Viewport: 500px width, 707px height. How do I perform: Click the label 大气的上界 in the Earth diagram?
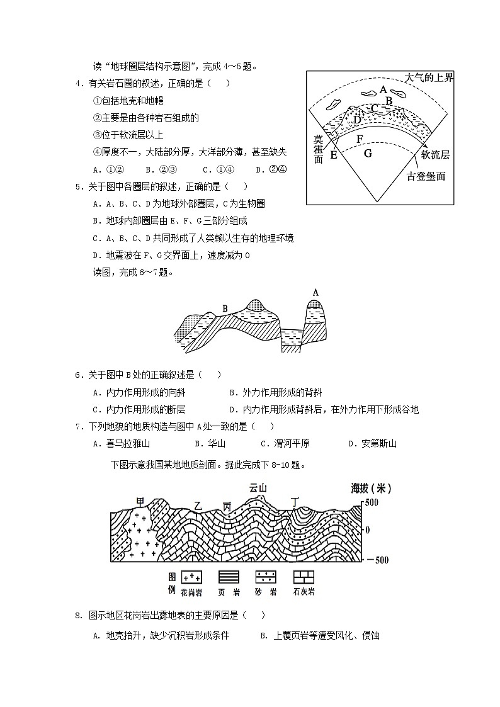point(428,77)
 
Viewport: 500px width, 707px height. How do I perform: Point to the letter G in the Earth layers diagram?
point(368,153)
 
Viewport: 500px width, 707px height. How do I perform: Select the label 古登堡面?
point(426,176)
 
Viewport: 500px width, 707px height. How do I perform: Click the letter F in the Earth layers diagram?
point(360,139)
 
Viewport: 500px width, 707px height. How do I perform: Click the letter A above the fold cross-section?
point(315,292)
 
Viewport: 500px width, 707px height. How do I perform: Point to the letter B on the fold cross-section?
point(224,308)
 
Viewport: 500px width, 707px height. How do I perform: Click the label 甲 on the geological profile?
point(140,502)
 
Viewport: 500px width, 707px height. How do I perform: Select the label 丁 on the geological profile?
point(295,501)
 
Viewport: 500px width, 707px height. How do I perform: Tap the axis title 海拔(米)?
point(372,488)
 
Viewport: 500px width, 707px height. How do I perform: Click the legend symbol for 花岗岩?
point(191,577)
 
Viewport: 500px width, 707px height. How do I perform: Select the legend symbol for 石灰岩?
point(304,577)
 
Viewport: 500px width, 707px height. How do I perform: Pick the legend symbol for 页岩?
point(228,577)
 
